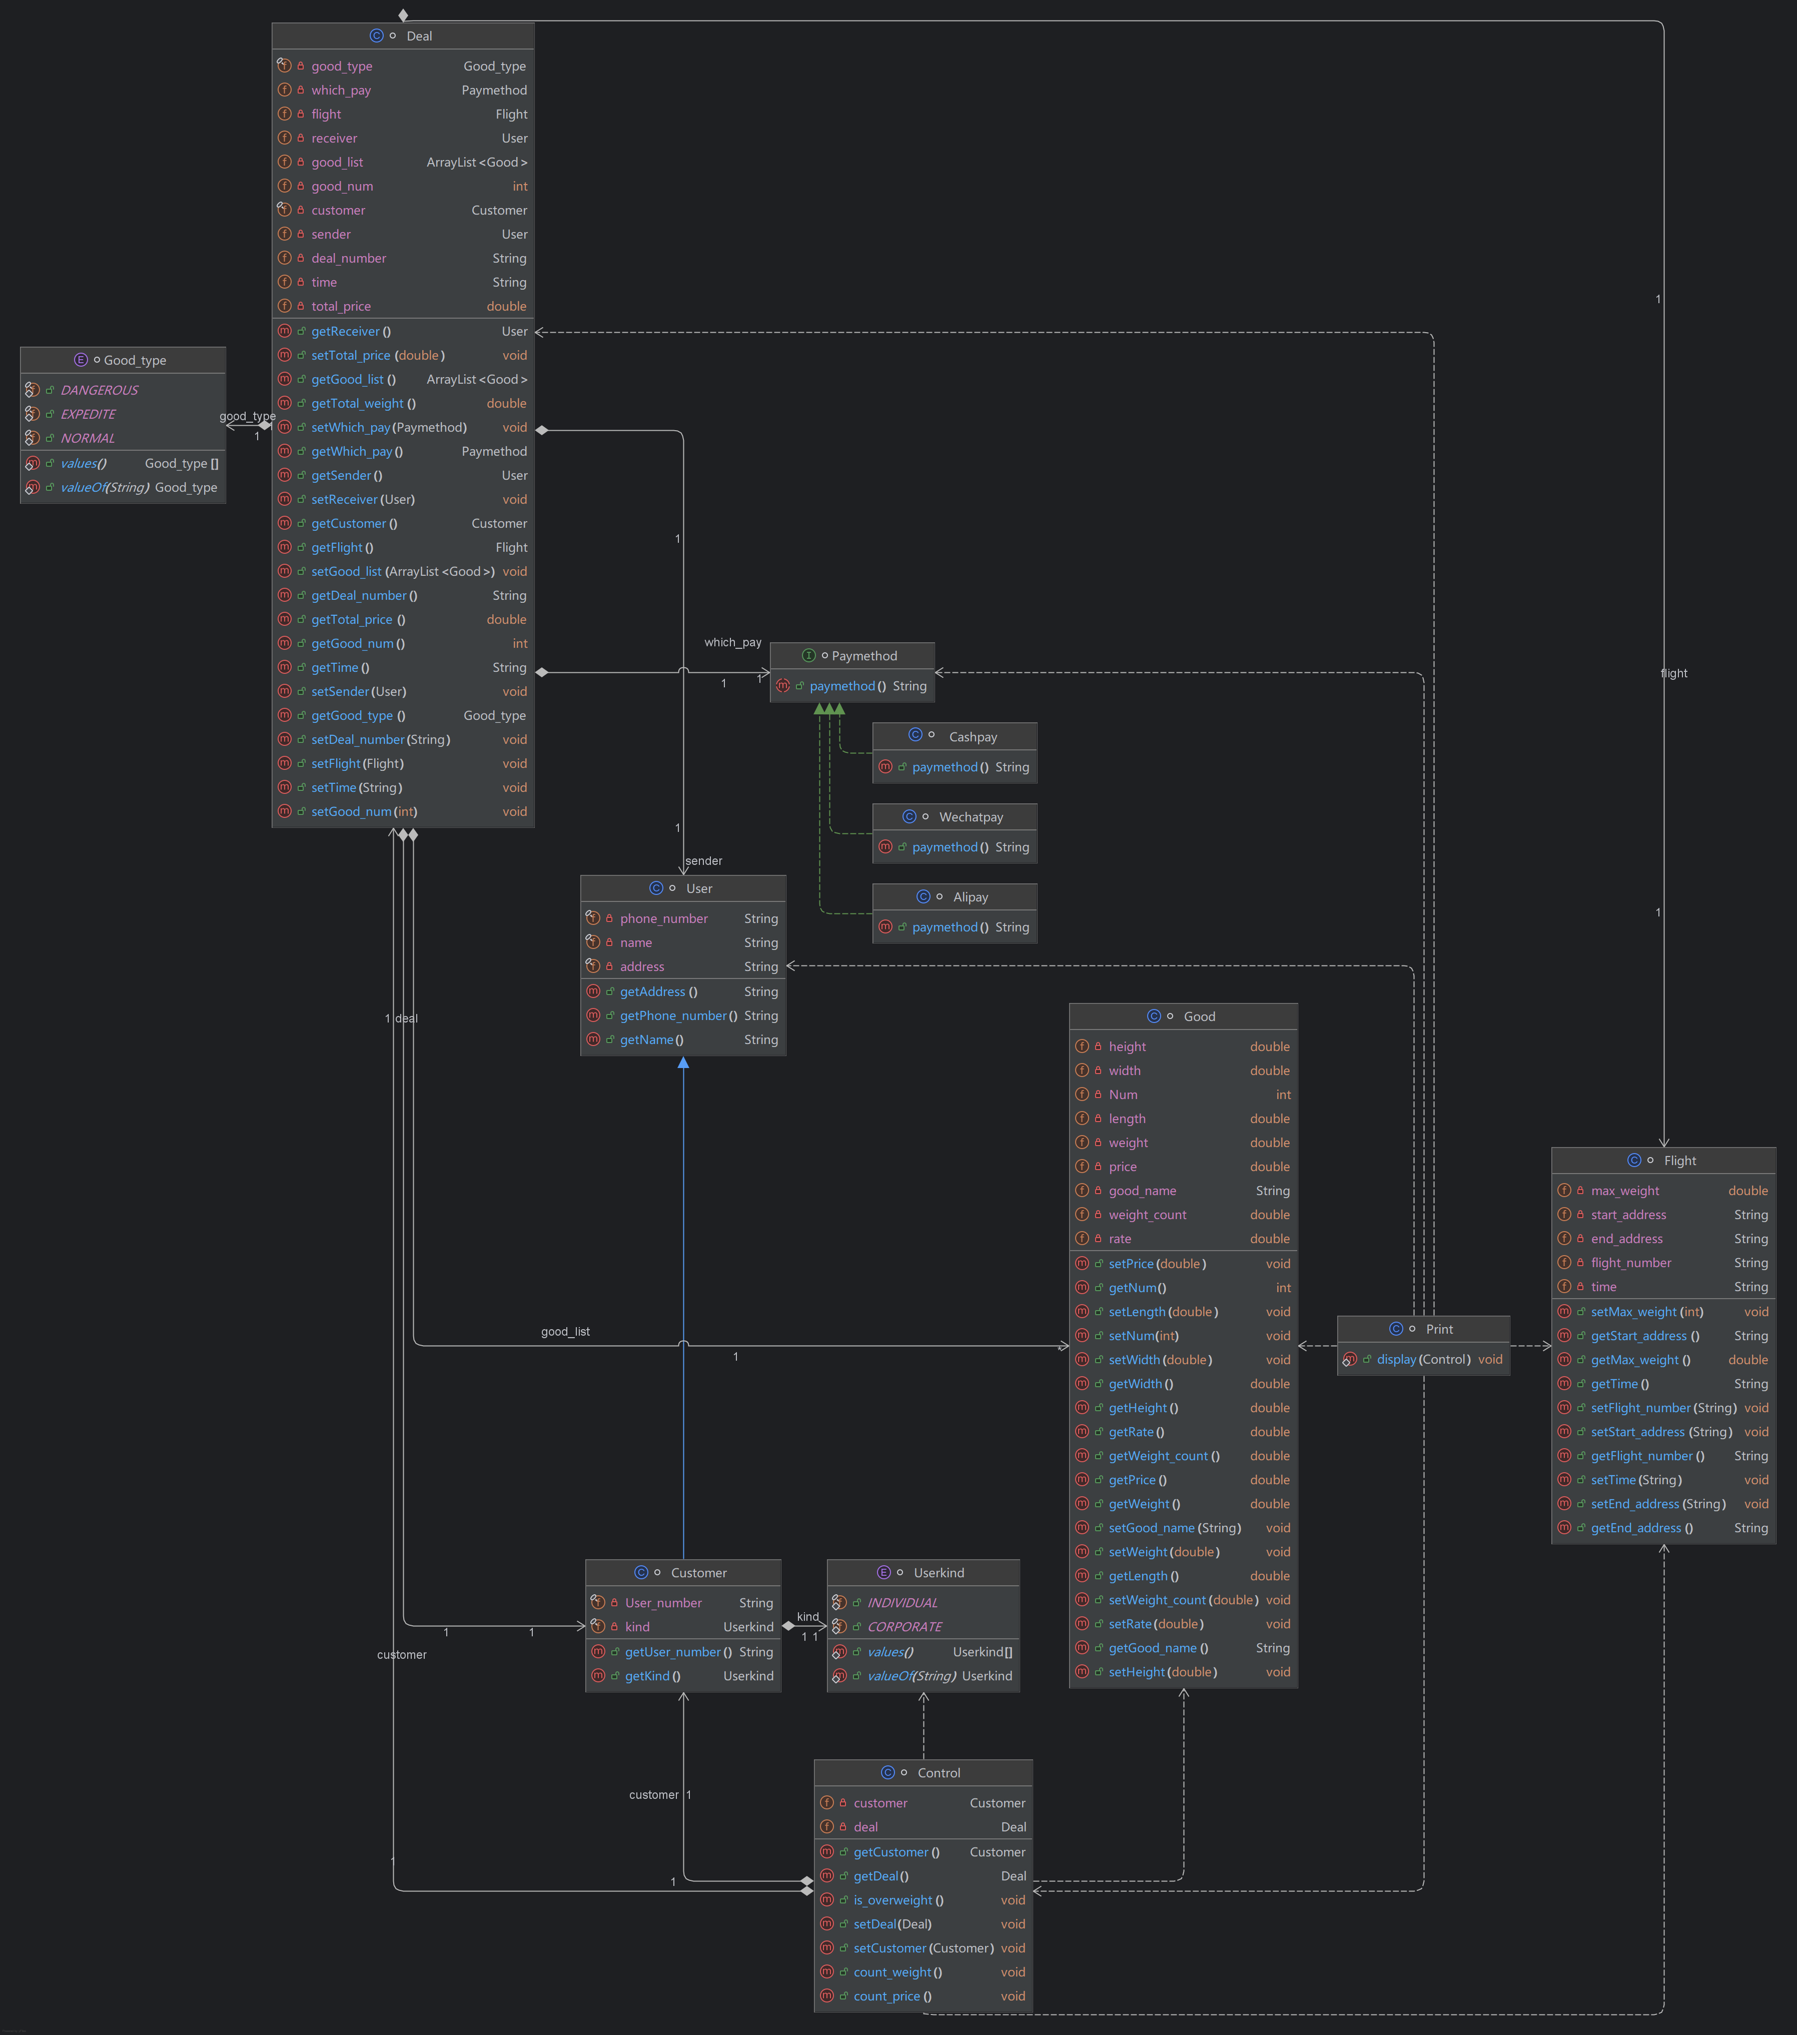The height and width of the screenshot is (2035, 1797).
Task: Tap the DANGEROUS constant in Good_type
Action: pos(100,390)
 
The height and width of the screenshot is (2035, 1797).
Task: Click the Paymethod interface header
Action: pos(863,656)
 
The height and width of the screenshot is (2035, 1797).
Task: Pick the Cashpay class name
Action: pos(972,737)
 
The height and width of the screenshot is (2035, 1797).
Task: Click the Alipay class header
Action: pos(970,897)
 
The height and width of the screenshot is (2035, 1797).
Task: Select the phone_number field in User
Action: pos(663,919)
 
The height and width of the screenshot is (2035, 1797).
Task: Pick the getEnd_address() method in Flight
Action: pos(1641,1528)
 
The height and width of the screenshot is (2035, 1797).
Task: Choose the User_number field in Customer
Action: pos(663,1603)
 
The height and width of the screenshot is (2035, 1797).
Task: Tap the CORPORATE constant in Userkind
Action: pos(904,1627)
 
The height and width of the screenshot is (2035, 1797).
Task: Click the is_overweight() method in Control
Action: pos(898,1900)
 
